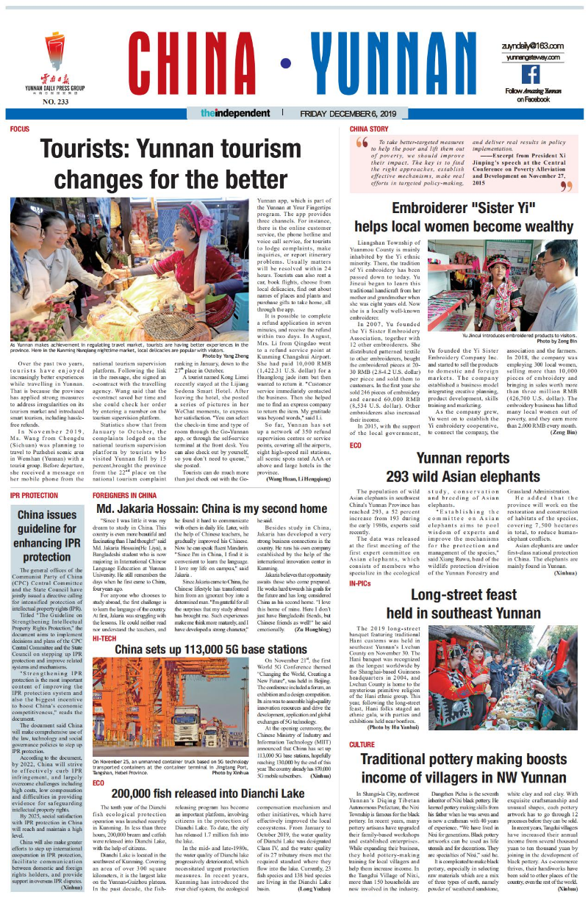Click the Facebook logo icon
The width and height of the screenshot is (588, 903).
530,74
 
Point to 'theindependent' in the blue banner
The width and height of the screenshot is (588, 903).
235,114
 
